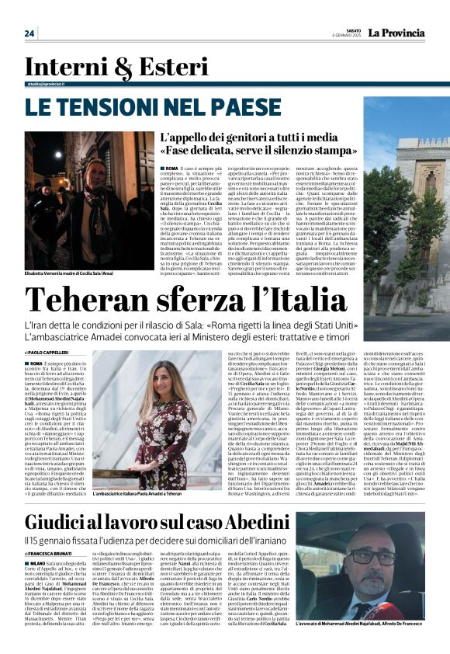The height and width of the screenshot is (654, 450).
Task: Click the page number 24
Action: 29,33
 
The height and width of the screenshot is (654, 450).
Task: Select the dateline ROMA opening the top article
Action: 170,168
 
